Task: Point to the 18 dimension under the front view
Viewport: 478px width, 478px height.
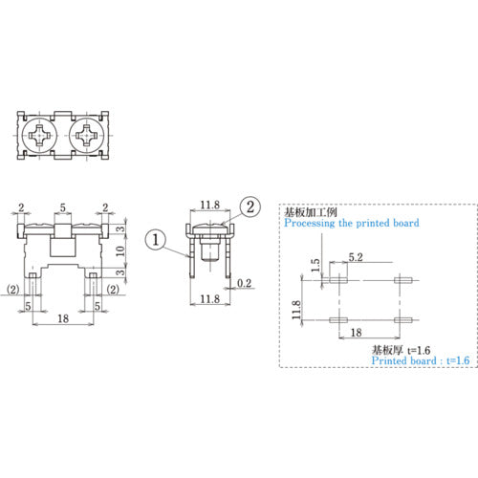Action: (x=63, y=316)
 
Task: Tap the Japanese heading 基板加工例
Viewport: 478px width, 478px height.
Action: (x=312, y=210)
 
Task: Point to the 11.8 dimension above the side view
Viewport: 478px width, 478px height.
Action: (x=210, y=204)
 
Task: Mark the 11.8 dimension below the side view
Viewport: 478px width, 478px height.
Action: (x=210, y=301)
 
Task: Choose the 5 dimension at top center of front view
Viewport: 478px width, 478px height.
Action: (x=63, y=206)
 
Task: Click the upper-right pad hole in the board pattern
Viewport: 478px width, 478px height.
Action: (x=402, y=280)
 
